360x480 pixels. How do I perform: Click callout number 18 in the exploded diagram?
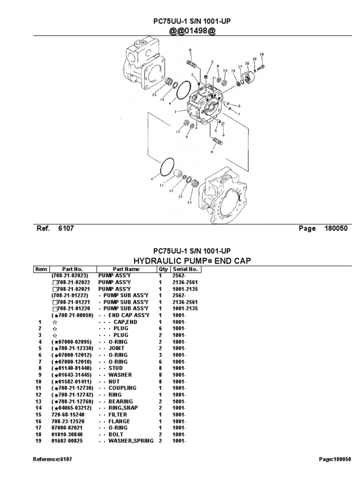click(262, 54)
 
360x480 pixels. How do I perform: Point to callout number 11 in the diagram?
click(161, 186)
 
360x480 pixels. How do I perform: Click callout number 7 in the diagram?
click(239, 114)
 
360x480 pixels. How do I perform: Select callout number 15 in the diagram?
click(233, 71)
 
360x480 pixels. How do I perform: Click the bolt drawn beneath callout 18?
click(261, 64)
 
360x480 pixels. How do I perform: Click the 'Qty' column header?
click(163, 269)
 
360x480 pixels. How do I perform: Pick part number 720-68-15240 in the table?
click(69, 414)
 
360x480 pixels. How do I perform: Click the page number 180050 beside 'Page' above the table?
click(336, 228)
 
